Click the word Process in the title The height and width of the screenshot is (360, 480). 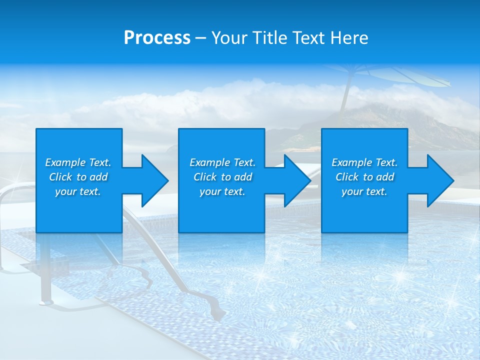pos(157,38)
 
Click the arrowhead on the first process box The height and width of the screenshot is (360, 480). pos(153,180)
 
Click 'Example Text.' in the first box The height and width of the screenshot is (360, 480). pos(78,162)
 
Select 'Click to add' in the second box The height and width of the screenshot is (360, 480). pos(222,177)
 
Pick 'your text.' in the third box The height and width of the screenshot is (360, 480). pos(364,191)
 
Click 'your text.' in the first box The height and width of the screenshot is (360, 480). pos(78,191)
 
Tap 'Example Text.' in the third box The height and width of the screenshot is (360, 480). pos(364,162)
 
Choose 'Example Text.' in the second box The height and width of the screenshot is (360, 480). pos(222,162)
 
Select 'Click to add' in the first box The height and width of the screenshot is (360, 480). pos(78,177)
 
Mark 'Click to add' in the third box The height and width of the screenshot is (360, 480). pos(364,177)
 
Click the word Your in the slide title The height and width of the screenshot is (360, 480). pos(229,38)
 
